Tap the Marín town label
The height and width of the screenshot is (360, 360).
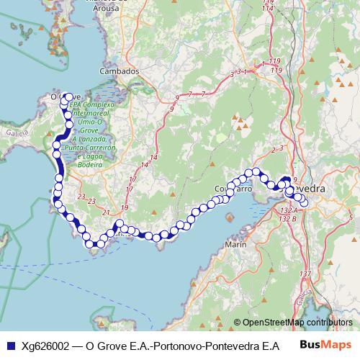237,245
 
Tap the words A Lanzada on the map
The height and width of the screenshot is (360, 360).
81,138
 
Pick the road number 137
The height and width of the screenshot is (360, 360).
305,274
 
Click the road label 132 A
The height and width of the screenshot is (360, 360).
287,209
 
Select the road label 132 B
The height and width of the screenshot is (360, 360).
287,217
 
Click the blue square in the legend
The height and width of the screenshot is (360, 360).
9,345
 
